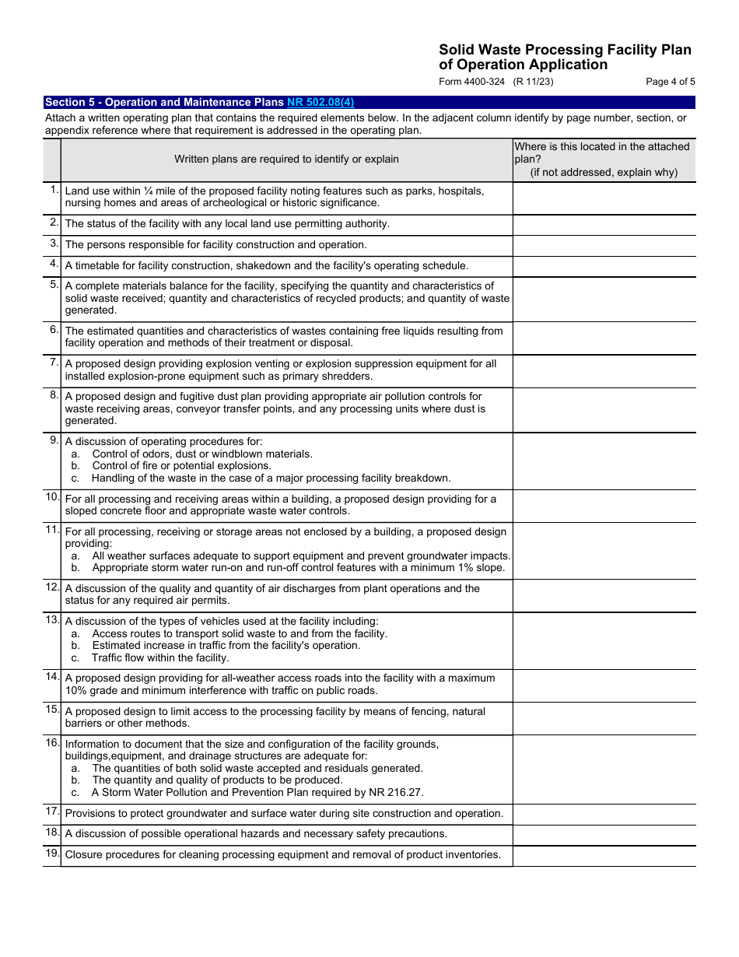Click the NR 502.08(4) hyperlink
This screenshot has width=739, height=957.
[x=320, y=102]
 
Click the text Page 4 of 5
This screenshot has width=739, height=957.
[x=670, y=82]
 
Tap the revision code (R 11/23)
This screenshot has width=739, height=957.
[x=533, y=82]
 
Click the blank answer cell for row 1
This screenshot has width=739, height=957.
[x=604, y=198]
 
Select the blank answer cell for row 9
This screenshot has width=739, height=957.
[x=604, y=460]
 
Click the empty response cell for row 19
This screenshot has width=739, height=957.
[x=604, y=855]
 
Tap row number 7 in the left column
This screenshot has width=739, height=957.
[x=54, y=363]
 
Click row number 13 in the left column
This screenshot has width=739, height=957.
[x=52, y=619]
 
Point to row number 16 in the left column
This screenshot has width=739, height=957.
[x=52, y=742]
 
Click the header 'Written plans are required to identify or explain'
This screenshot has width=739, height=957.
[x=286, y=159]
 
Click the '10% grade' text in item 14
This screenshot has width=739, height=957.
[x=94, y=691]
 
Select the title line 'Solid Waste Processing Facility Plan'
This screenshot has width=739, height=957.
[x=565, y=50]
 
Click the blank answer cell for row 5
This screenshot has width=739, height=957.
[x=604, y=299]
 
